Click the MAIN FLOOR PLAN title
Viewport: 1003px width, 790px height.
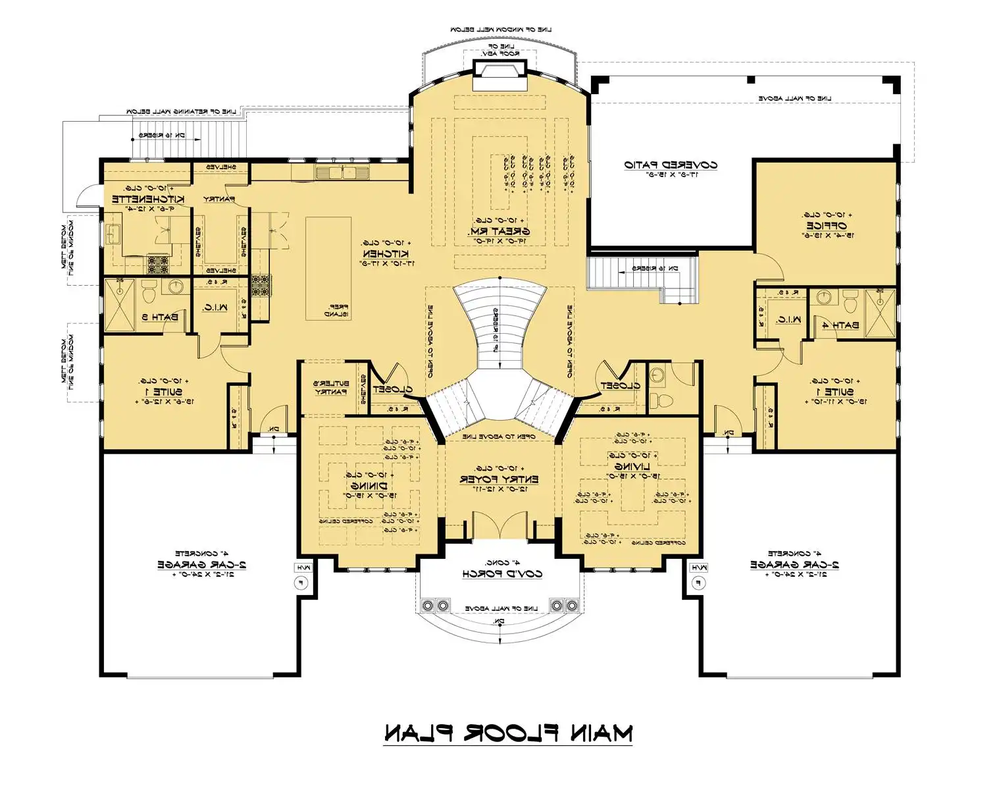[507, 733]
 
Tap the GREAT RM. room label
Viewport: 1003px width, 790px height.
[499, 232]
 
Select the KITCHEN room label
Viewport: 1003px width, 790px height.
[386, 253]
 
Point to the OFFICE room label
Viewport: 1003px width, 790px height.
[826, 225]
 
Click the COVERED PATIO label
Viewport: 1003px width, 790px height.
[671, 165]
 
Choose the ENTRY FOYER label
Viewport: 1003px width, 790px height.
[499, 479]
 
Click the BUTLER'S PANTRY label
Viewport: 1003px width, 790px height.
[330, 388]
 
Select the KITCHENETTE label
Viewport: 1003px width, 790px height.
[148, 199]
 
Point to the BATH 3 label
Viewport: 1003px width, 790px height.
[160, 317]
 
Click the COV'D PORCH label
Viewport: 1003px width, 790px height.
[502, 573]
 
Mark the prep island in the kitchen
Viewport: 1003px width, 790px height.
[328, 269]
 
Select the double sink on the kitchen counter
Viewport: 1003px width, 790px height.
[342, 173]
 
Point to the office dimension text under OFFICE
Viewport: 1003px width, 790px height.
[826, 235]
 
